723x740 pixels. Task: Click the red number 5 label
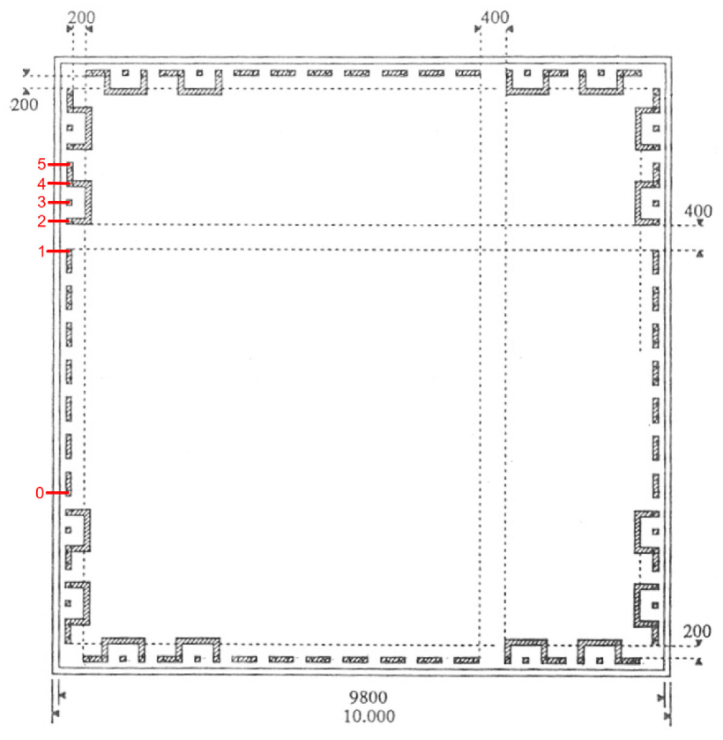tap(41, 164)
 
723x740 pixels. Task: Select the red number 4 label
tap(41, 183)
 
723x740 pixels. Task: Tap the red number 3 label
tap(41, 203)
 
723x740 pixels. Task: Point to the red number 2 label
tap(41, 221)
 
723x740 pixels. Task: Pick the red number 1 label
tap(42, 251)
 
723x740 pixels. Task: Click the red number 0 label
tap(40, 493)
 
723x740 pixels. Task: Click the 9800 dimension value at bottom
tap(368, 697)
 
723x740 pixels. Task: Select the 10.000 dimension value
tap(369, 716)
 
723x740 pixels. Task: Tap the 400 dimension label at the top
tap(495, 18)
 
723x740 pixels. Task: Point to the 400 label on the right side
tap(698, 211)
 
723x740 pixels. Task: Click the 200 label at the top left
tap(81, 18)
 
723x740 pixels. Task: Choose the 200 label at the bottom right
tap(697, 631)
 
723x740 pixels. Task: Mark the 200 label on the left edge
tap(24, 104)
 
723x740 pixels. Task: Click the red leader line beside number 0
tap(58, 493)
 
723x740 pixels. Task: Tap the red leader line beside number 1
tap(58, 251)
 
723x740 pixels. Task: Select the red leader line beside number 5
tap(59, 164)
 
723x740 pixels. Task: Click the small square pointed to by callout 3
tap(70, 203)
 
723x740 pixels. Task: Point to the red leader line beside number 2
tap(59, 221)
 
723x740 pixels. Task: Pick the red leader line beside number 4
tap(59, 183)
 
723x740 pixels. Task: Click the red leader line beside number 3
tap(59, 203)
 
